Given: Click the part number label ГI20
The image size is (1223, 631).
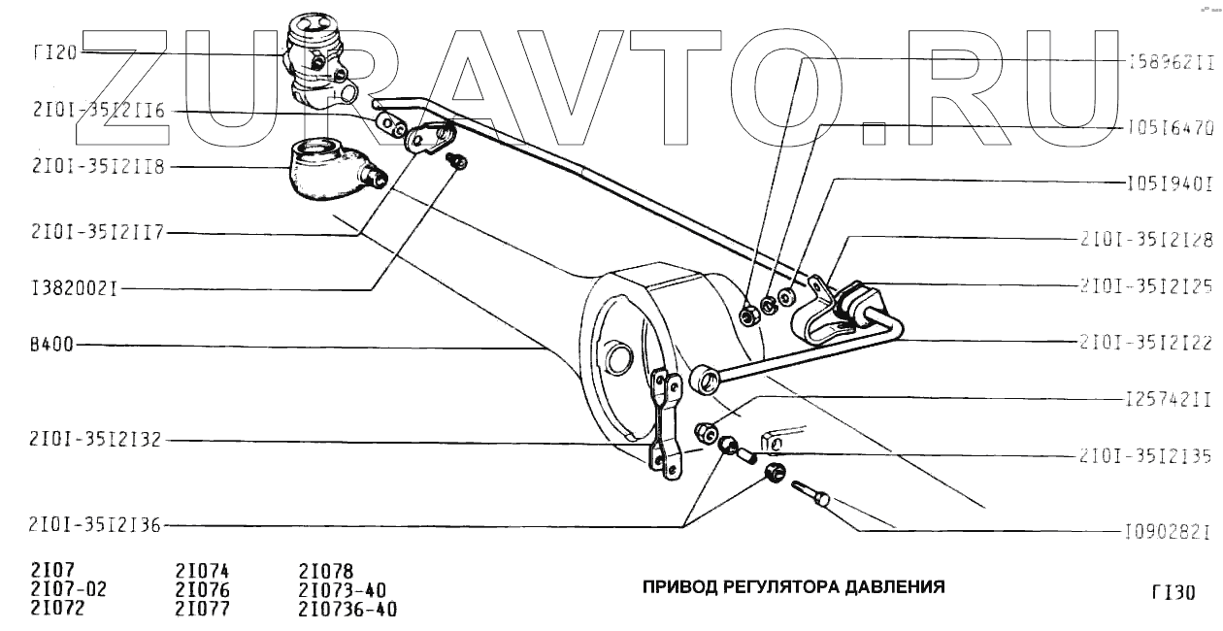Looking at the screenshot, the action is pyautogui.click(x=49, y=52).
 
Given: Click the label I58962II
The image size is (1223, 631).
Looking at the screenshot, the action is pyautogui.click(x=1171, y=61).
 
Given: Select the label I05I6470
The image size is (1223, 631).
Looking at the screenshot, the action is pyautogui.click(x=1171, y=126).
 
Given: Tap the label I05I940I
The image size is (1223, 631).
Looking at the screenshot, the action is pyautogui.click(x=1171, y=182).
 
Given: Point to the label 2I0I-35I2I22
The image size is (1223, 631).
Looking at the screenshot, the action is pyautogui.click(x=1146, y=342).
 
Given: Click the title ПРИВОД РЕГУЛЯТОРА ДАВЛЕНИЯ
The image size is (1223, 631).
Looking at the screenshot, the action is pyautogui.click(x=792, y=587).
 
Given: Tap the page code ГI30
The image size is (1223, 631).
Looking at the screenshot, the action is pyautogui.click(x=1173, y=592).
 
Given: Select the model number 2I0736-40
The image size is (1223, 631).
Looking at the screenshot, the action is pyautogui.click(x=348, y=610).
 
